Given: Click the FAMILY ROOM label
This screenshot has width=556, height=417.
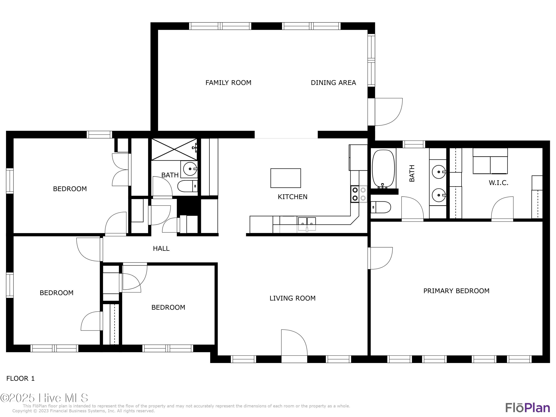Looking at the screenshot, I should coord(228,83).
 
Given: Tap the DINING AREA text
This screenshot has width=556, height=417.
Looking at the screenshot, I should coord(333,83).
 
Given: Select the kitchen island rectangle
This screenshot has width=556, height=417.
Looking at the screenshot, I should coord(286,178).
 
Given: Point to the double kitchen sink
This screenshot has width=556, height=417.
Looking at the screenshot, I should coord(307,222).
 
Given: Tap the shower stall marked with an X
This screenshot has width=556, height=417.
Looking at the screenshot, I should coord(174,149).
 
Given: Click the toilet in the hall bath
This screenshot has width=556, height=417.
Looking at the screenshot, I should coord(187,186).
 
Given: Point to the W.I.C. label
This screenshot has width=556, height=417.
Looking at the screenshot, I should coord(498,183).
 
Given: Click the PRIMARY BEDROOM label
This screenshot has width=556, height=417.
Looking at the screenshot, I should coord(456,291).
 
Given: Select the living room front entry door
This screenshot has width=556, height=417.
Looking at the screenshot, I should coord(294,344).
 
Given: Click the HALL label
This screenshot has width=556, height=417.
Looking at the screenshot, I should coord(161,249).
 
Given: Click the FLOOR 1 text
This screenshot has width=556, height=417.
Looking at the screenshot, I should coord(20,378).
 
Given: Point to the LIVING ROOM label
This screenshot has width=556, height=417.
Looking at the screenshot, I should coord(292,298).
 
